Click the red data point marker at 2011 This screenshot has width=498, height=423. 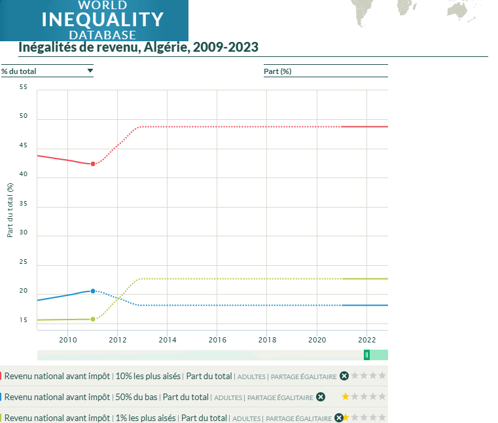tap(93, 164)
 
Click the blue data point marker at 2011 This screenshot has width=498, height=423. tap(93, 291)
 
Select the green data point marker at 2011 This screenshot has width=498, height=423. tap(93, 319)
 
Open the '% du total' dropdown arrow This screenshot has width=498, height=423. tap(90, 71)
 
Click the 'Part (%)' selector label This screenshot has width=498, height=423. tap(277, 71)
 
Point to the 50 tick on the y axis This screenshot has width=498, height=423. tap(24, 116)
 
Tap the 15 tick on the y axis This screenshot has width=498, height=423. tap(24, 320)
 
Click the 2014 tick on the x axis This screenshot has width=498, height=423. tap(168, 340)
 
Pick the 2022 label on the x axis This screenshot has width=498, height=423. tap(367, 340)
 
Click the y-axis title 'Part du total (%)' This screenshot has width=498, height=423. tap(10, 210)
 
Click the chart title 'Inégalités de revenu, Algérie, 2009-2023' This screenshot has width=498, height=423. tap(139, 47)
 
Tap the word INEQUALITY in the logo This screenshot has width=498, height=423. tap(103, 20)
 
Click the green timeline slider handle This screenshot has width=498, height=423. tap(366, 355)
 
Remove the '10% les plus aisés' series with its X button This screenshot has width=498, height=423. tap(344, 376)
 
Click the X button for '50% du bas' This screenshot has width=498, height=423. tap(321, 397)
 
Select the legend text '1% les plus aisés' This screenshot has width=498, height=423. tap(145, 418)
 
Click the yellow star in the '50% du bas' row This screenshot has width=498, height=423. tap(346, 397)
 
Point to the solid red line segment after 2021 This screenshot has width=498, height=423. tap(365, 127)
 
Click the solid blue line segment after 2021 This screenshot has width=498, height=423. tap(365, 305)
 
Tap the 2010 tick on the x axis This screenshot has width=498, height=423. tap(67, 340)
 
